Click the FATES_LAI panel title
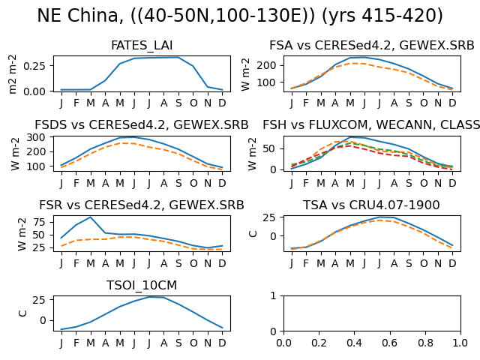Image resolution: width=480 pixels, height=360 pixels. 142,46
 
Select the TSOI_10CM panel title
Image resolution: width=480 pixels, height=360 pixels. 142,285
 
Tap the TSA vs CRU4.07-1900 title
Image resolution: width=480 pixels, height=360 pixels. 371,205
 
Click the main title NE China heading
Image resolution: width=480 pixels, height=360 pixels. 240,15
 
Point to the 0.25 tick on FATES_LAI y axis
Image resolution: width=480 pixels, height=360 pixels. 34,66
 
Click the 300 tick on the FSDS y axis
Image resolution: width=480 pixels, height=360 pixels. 36,137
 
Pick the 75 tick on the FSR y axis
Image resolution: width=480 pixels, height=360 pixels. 40,222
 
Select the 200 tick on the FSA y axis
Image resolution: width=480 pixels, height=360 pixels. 266,65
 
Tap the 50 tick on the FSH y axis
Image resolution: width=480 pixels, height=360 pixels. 270,148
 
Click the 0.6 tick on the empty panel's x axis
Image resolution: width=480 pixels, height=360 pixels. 390,343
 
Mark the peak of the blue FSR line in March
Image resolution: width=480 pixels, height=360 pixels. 90,217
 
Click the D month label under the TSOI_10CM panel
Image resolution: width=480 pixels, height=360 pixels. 222,343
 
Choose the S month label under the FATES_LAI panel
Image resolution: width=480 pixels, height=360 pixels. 178,103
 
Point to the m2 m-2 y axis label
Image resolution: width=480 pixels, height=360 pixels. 12,74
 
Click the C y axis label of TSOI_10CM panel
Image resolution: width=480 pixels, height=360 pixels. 22,313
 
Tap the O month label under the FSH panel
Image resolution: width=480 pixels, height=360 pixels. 424,183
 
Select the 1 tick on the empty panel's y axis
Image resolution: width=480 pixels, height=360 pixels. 273,295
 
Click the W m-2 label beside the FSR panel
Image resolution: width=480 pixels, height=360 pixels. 22,234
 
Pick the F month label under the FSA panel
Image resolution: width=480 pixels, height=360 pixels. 306,103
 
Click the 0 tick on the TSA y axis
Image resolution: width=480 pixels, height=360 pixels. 273,236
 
